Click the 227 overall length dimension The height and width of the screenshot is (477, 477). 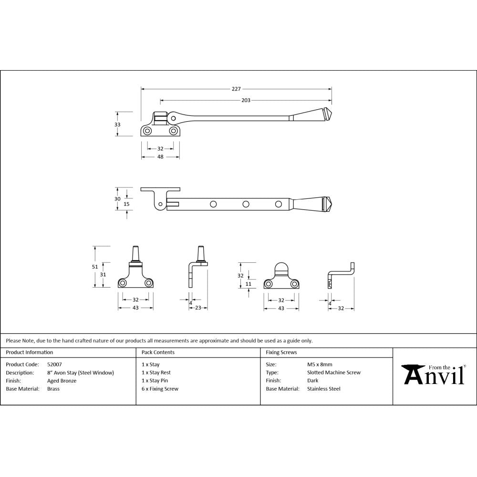[237, 88]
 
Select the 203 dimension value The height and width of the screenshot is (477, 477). [246, 100]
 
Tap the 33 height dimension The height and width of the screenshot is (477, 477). [118, 124]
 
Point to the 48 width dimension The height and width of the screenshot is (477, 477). [160, 157]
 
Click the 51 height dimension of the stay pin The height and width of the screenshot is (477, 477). [95, 267]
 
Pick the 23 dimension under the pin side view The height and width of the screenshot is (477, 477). [198, 308]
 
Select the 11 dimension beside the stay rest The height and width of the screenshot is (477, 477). [248, 284]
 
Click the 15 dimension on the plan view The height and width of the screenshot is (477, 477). [126, 204]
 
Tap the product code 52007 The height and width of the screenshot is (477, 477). [54, 364]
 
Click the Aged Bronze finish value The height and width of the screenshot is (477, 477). [62, 381]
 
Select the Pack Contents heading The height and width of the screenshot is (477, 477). [158, 353]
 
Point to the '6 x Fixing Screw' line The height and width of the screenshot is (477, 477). [160, 389]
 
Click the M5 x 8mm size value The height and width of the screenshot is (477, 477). [320, 364]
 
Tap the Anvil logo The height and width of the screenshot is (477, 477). [434, 375]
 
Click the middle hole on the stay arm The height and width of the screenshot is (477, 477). [246, 204]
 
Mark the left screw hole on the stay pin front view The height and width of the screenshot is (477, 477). [123, 283]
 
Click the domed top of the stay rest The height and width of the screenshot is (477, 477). [281, 268]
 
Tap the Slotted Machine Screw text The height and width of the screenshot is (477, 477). [334, 373]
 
